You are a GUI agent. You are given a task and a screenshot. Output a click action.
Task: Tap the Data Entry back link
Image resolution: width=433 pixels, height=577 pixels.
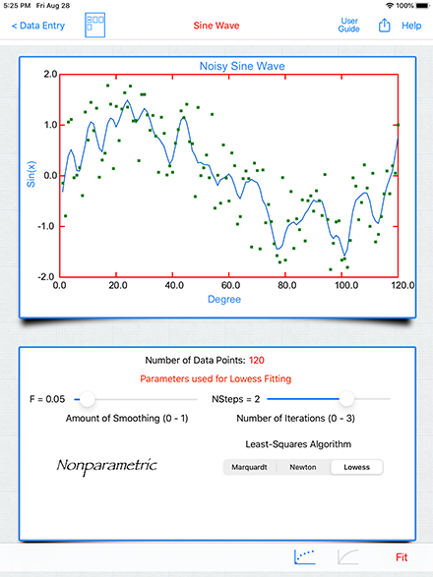coord(38,26)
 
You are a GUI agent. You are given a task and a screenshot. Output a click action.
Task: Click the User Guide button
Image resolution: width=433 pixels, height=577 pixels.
coord(348,25)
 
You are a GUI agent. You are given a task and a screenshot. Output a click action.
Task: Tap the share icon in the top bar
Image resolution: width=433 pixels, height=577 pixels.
coord(384,26)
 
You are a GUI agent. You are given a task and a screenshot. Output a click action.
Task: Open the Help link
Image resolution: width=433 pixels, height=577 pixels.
coord(411,26)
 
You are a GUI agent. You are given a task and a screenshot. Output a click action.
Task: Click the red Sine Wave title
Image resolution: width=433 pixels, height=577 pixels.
coord(216,26)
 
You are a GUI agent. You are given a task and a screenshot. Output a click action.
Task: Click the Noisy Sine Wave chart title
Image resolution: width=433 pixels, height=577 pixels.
coord(242,66)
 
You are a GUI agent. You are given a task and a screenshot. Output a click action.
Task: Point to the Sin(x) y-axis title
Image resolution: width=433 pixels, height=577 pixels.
coord(31,174)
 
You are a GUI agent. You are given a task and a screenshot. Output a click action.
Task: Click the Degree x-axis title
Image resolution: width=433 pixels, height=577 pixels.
coord(224,299)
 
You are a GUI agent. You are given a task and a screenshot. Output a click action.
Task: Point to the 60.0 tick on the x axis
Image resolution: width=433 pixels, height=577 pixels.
coord(230,286)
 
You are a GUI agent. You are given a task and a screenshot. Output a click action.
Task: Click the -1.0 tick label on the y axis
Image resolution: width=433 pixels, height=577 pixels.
coord(46,226)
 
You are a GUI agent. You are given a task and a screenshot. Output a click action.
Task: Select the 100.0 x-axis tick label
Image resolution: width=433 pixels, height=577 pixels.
coord(346,286)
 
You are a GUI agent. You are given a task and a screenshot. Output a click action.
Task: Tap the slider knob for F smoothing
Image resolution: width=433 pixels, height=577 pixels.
coord(88,399)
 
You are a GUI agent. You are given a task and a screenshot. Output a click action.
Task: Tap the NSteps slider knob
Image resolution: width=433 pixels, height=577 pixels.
coord(346,399)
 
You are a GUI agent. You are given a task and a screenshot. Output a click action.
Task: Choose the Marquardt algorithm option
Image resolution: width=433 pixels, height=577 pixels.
coord(250,467)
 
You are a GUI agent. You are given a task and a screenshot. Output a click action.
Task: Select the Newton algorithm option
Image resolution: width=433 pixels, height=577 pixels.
coord(303,467)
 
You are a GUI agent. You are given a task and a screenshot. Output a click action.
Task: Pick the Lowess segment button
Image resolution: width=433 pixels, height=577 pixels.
coord(356,467)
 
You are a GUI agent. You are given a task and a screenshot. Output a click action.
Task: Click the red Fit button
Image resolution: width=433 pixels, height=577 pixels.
coord(402,557)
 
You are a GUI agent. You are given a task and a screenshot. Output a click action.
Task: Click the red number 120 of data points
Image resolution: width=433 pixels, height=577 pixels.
coord(257,360)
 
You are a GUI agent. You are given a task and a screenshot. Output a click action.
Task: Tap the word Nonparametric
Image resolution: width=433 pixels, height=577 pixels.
coord(107,466)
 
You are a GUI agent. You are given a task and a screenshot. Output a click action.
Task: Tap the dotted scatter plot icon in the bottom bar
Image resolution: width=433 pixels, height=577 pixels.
coord(305,556)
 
